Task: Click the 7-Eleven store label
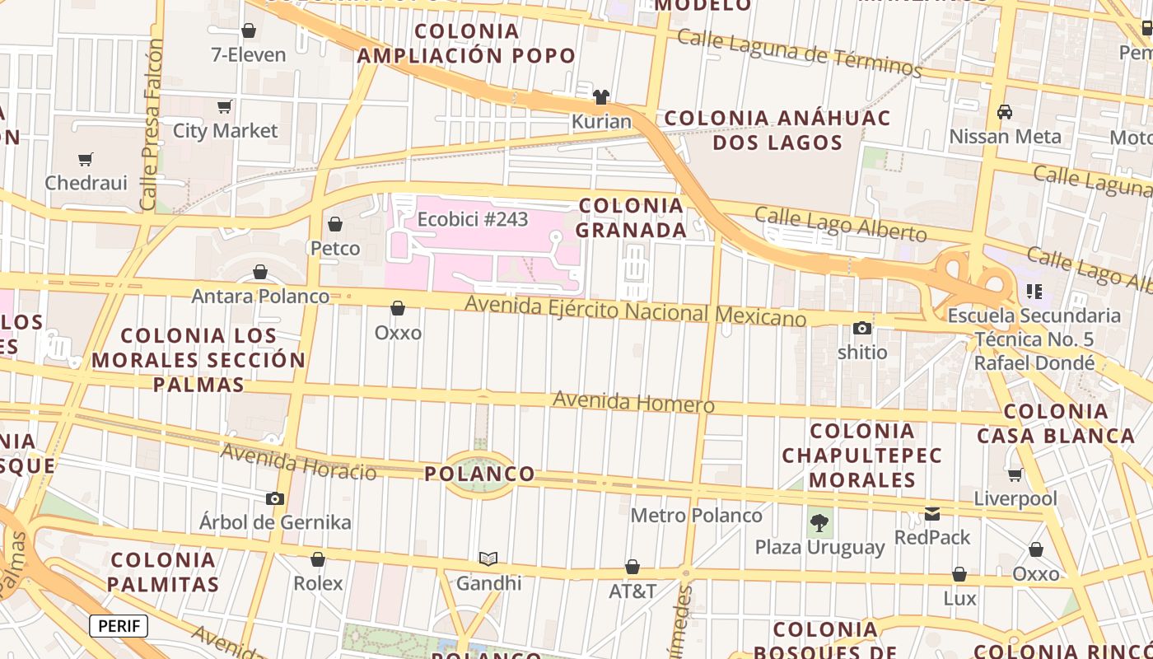249,55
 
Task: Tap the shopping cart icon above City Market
224,107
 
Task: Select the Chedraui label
86,183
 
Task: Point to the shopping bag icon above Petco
335,224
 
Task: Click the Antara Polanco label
260,296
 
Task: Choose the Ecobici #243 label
473,220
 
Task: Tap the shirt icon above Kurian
601,97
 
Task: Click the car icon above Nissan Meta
1005,112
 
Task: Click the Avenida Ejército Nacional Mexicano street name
635,311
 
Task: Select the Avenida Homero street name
633,403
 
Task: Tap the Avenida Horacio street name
298,462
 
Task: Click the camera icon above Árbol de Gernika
275,498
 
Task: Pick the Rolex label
318,583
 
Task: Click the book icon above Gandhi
488,559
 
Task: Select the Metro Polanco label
696,516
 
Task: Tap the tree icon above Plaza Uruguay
819,522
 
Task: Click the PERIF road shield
119,626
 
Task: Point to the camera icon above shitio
862,329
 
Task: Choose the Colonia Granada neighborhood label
631,217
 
